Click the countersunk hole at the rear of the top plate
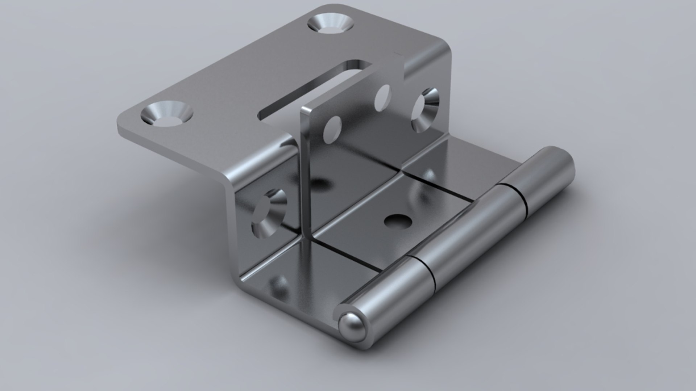tap(331, 24)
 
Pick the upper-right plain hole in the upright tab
tap(382, 98)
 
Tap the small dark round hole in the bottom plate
tap(397, 221)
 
